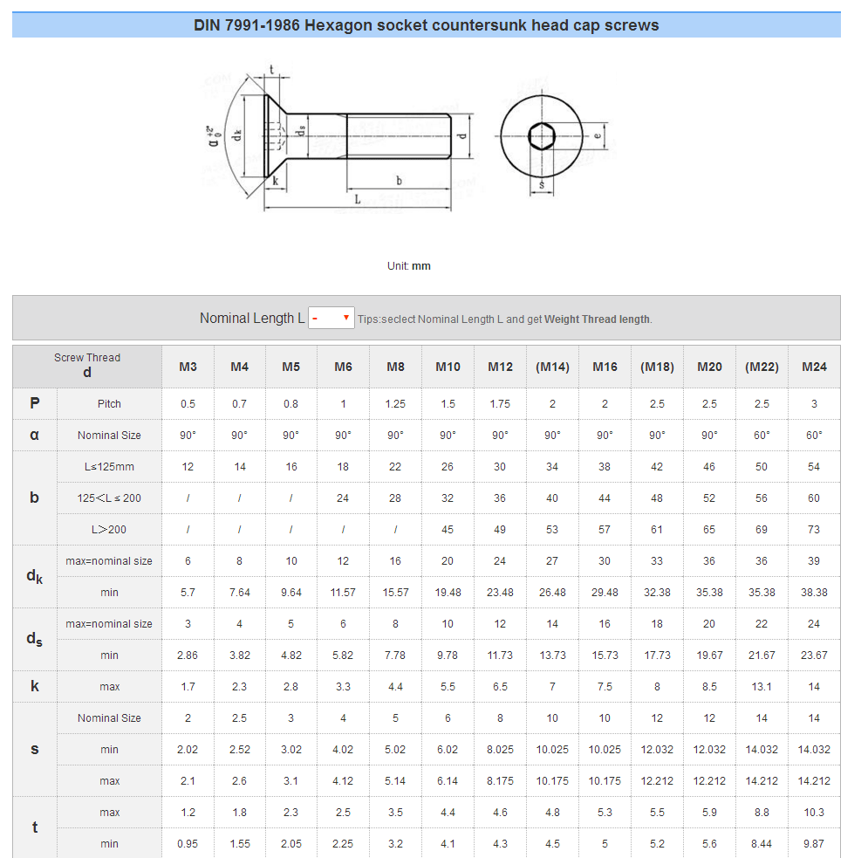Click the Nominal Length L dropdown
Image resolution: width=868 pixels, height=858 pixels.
click(x=331, y=318)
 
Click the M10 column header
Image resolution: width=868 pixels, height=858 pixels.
click(x=448, y=367)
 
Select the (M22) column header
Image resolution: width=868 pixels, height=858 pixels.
click(x=762, y=367)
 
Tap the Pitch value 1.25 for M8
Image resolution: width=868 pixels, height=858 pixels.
click(x=395, y=404)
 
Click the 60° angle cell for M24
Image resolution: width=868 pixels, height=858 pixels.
click(x=814, y=436)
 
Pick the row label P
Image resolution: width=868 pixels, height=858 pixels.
click(x=35, y=403)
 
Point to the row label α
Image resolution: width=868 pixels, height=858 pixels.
click(x=35, y=435)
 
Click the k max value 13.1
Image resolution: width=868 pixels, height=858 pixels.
click(x=762, y=687)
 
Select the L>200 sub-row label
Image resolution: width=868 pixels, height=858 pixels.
click(x=109, y=530)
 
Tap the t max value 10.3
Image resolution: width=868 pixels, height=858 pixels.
click(x=814, y=813)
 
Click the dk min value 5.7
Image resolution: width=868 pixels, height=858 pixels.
click(x=188, y=593)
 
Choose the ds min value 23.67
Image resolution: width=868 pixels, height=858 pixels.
click(x=814, y=656)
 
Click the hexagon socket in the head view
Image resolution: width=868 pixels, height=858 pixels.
click(x=541, y=137)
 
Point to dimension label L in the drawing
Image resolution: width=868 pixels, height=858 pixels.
click(x=357, y=200)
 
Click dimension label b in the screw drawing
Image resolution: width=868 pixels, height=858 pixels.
click(x=399, y=181)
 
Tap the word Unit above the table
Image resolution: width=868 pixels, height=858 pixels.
click(x=398, y=266)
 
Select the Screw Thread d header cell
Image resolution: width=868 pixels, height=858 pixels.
click(x=87, y=366)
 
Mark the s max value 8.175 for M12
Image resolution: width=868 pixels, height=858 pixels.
click(x=500, y=781)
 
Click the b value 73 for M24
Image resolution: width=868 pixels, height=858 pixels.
click(x=814, y=530)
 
